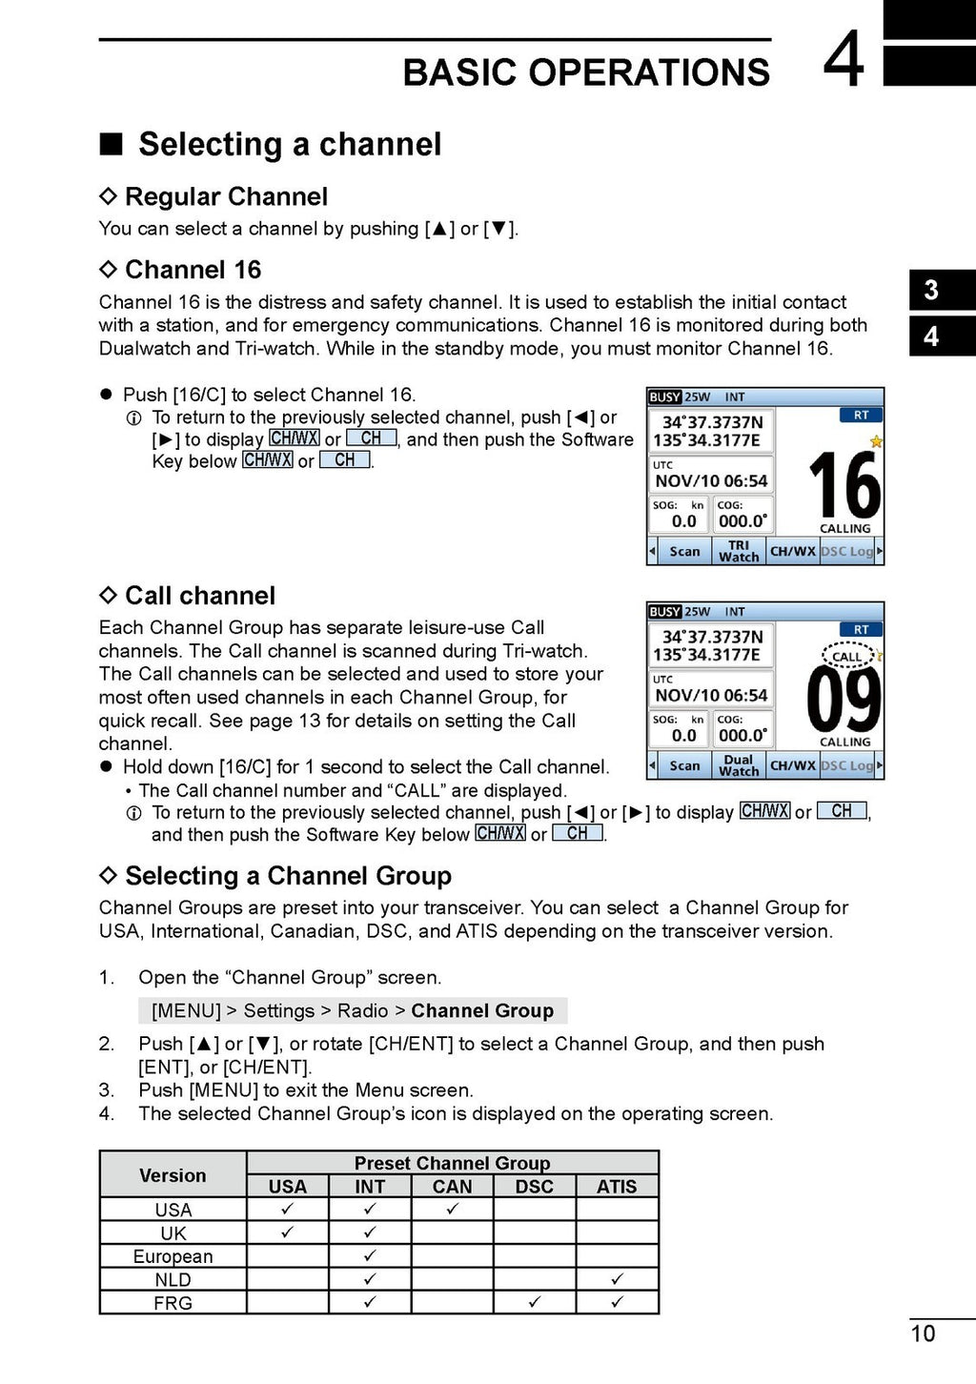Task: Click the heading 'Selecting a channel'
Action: point(290,145)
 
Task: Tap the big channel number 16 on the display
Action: point(844,485)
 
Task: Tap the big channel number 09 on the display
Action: point(844,700)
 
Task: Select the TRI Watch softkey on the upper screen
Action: point(739,551)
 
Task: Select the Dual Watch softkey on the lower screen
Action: point(739,765)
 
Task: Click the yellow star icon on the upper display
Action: point(876,441)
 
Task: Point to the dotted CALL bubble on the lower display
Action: point(846,656)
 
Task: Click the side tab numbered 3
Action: point(932,290)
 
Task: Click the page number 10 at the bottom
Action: point(923,1333)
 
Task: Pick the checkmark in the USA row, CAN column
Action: point(452,1209)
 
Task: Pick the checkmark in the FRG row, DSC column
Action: point(535,1301)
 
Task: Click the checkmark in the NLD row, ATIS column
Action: point(617,1278)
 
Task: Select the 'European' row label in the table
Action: point(173,1256)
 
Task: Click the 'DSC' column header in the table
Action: point(535,1187)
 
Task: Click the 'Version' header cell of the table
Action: point(173,1175)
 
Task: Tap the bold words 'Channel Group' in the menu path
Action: point(482,1011)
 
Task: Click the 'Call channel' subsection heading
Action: point(200,597)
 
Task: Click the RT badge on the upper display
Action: point(861,416)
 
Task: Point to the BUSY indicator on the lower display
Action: point(664,612)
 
